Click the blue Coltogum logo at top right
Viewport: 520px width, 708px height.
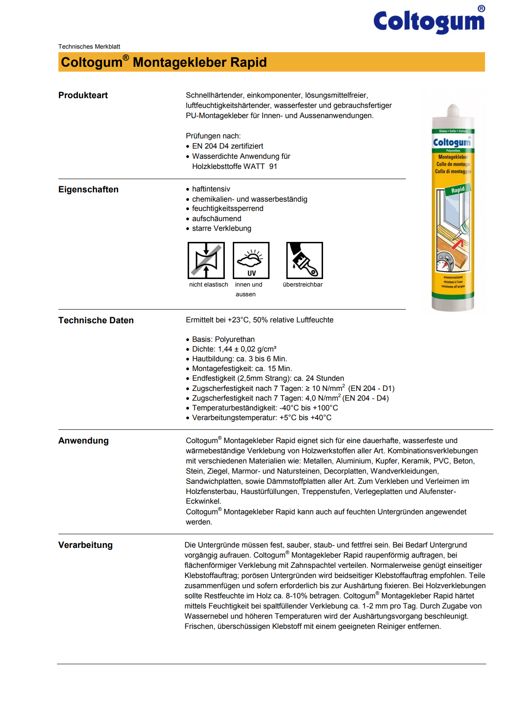click(x=429, y=21)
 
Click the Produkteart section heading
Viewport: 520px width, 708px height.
click(x=83, y=96)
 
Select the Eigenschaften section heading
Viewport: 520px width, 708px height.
click(x=89, y=190)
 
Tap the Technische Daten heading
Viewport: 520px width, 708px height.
click(x=96, y=321)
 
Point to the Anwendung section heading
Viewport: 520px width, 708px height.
click(x=84, y=441)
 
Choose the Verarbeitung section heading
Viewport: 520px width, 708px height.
click(x=85, y=545)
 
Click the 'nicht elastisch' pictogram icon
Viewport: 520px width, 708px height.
click(x=206, y=260)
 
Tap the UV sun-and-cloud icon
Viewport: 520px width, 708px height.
click(x=251, y=260)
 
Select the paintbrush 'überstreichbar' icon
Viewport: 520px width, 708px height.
click(x=304, y=260)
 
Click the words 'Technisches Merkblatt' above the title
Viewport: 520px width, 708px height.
click(x=89, y=46)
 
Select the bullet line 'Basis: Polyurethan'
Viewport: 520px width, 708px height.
click(x=223, y=339)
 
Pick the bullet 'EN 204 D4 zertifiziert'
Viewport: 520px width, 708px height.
click(x=227, y=146)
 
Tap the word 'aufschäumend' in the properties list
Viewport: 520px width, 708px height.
click(x=216, y=218)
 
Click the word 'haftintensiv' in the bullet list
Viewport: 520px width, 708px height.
click(x=211, y=189)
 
